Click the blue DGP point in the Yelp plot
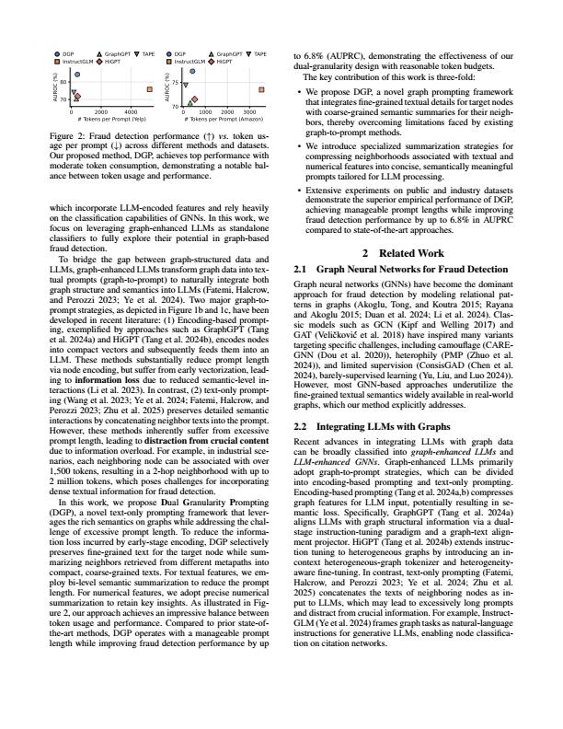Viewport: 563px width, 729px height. [76, 73]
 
